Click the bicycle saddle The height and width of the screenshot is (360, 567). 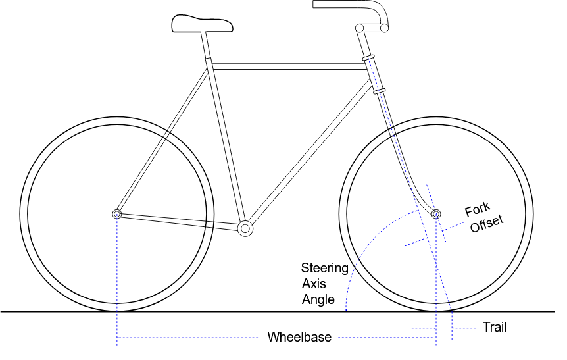(202, 24)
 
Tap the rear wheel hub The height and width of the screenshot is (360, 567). (117, 214)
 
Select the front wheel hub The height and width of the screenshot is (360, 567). (437, 214)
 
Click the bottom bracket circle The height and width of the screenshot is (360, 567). (245, 228)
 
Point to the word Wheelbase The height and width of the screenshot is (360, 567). (299, 337)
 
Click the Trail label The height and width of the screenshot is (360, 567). (495, 327)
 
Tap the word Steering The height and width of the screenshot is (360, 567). (325, 269)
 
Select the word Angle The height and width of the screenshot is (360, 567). (318, 299)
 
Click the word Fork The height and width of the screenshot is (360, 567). (478, 209)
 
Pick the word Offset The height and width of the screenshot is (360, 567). (487, 224)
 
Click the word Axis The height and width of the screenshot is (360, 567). (314, 284)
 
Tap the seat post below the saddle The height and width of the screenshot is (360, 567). (206, 45)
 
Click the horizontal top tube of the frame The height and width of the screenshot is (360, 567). (289, 66)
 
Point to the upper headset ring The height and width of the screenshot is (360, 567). (368, 58)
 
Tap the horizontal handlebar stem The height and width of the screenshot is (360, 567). (372, 28)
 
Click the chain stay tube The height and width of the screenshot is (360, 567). (180, 221)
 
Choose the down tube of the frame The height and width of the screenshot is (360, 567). (310, 151)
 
